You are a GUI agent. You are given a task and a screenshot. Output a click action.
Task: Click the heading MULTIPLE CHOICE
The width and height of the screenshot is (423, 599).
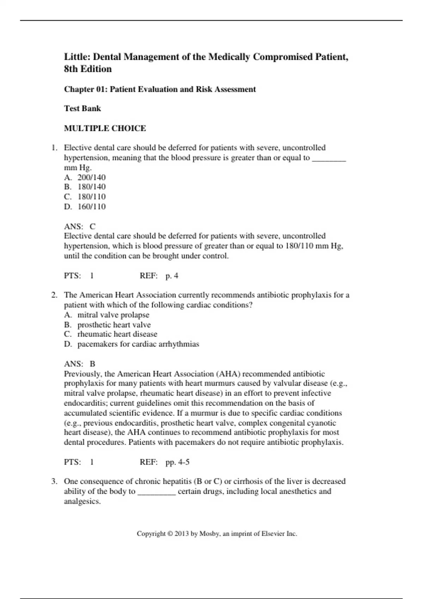(x=105, y=128)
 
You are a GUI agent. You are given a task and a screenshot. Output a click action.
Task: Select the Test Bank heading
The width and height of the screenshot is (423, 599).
(x=82, y=109)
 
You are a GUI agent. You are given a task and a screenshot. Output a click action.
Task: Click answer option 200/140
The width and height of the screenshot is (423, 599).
(x=91, y=177)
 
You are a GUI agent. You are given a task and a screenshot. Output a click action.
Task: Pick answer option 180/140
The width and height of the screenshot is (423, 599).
(x=91, y=187)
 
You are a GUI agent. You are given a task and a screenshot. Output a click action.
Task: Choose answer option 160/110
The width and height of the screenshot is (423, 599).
(x=91, y=206)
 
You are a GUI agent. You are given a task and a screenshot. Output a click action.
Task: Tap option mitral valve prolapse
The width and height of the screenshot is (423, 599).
(x=113, y=315)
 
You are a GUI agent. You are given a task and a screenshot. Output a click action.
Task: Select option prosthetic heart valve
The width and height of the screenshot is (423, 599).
(x=114, y=325)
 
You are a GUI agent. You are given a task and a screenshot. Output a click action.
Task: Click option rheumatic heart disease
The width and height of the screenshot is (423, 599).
(x=117, y=334)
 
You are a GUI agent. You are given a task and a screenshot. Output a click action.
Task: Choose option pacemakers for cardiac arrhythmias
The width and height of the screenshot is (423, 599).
(x=138, y=344)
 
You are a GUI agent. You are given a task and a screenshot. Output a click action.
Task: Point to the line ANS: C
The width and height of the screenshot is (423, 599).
(x=80, y=226)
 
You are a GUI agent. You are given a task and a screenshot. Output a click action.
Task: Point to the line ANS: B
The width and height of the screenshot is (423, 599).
(x=80, y=364)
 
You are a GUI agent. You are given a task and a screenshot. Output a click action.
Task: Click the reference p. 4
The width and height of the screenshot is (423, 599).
(x=172, y=276)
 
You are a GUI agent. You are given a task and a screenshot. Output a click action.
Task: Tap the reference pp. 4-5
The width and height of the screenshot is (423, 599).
(x=177, y=462)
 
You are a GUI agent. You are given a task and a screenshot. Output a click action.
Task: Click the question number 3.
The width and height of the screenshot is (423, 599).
(x=54, y=481)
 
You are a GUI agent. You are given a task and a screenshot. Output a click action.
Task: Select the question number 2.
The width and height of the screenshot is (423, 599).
(x=54, y=295)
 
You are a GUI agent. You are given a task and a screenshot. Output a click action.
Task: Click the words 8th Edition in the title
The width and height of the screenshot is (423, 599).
(x=88, y=69)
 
